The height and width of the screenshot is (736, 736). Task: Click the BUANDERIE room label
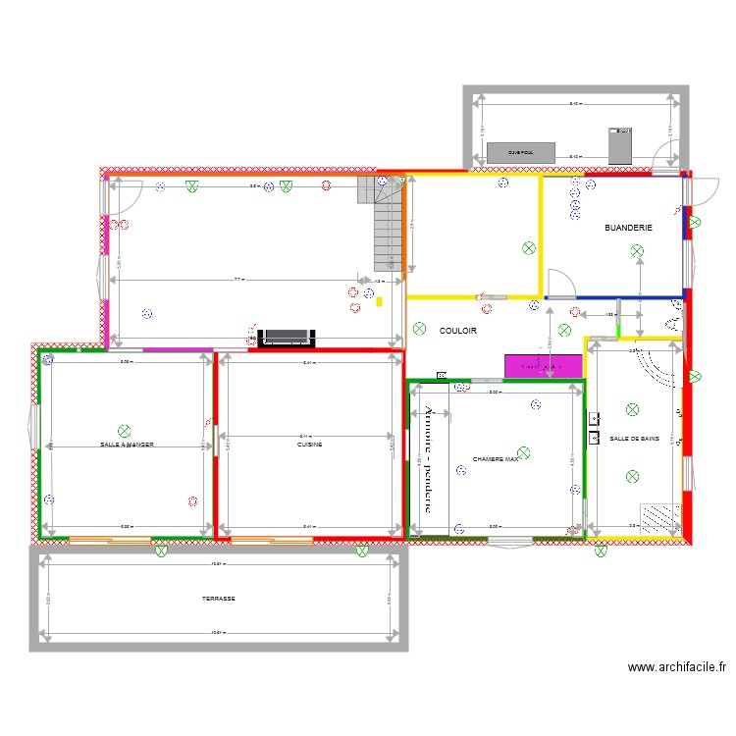(628, 228)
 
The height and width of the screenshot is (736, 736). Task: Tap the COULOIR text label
(457, 332)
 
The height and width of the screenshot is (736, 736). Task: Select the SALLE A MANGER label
(127, 445)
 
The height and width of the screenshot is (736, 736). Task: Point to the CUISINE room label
(310, 445)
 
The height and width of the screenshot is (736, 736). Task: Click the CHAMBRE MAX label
(495, 458)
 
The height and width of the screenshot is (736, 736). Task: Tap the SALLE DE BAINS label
(634, 439)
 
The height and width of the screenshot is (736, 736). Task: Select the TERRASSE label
(219, 599)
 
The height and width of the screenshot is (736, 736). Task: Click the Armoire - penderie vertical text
(430, 458)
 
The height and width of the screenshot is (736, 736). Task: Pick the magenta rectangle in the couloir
(543, 366)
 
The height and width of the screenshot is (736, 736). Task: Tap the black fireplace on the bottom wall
(286, 339)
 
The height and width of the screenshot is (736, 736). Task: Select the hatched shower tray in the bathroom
(659, 516)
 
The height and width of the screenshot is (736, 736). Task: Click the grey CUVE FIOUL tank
(520, 152)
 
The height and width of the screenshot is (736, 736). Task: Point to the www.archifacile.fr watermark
(677, 667)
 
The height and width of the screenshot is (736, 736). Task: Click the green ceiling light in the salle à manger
(124, 430)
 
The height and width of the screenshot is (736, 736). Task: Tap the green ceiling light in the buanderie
(639, 251)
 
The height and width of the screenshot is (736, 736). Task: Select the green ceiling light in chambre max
(523, 452)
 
